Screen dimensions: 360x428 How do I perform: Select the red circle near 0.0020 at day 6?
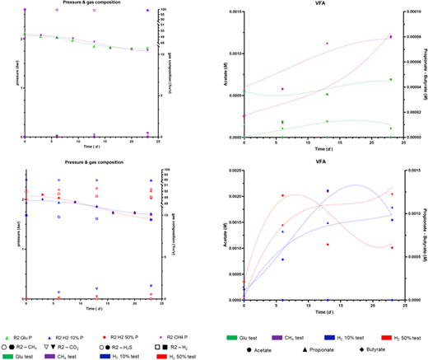[x=283, y=196]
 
